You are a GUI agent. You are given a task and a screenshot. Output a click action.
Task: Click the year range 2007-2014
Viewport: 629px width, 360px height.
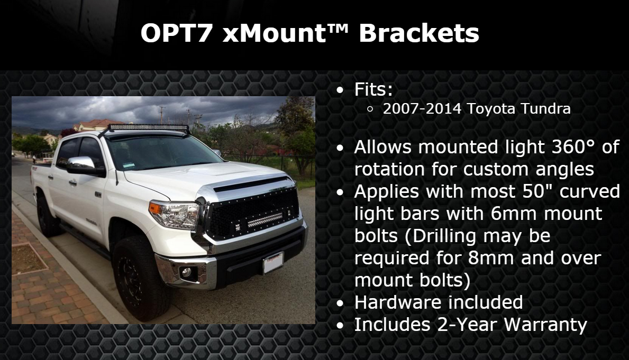[422, 109]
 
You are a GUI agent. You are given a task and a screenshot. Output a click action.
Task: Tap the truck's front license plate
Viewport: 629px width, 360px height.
[273, 263]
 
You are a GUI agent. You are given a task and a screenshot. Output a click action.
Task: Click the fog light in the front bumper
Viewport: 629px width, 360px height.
[186, 273]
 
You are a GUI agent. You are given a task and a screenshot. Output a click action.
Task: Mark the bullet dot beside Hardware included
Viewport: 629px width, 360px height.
[340, 303]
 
